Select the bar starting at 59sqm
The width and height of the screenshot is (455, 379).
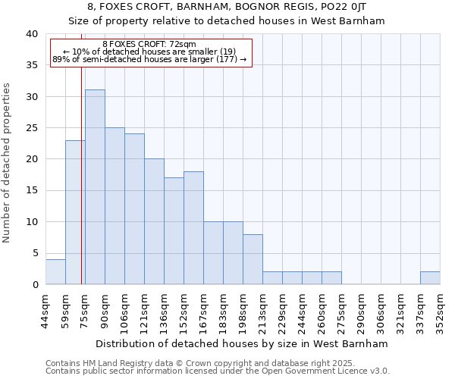tap(75, 212)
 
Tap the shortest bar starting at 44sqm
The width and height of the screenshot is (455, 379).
tap(55, 272)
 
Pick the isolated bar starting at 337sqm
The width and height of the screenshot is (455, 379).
tap(430, 278)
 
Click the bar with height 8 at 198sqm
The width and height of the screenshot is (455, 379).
tap(253, 259)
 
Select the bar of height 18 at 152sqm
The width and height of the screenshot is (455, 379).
tap(193, 228)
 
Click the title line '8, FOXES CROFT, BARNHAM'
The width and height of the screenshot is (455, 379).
tap(227, 7)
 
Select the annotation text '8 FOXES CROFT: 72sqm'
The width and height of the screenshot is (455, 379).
tap(149, 45)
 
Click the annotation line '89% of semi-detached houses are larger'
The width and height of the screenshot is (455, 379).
tap(149, 60)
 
